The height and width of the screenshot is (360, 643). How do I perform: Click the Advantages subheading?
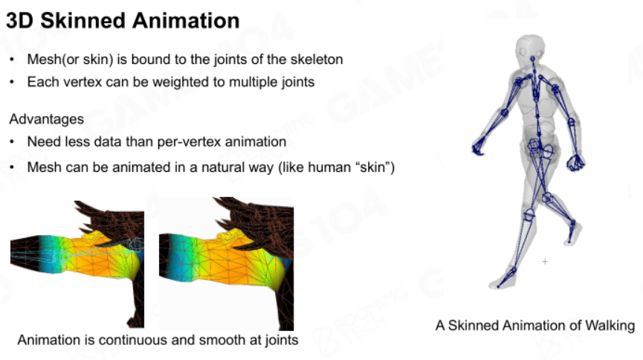[46, 119]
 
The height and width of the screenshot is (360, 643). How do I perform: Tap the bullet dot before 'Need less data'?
[12, 142]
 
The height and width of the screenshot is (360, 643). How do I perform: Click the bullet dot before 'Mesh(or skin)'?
[12, 60]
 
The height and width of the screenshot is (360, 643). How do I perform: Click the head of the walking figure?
[530, 49]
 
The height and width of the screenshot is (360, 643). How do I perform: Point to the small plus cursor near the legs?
[545, 262]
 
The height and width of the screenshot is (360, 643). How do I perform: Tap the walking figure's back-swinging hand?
[576, 162]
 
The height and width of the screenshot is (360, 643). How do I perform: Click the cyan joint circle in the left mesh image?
[136, 244]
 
